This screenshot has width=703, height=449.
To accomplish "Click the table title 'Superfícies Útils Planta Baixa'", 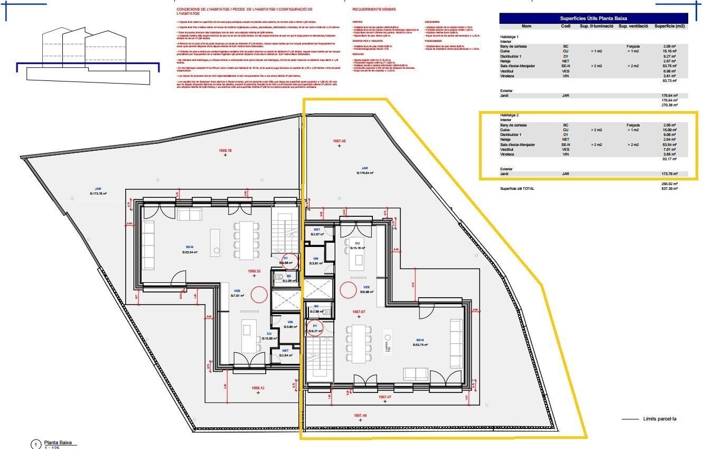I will (593, 18).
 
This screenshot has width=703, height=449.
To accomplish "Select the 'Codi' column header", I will (565, 26).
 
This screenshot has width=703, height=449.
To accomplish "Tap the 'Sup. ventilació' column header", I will (630, 26).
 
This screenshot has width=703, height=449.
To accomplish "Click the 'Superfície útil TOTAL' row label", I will (520, 189).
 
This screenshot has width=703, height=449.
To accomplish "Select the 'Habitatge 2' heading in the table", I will (510, 115).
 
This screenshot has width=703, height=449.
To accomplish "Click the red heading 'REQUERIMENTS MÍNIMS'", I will (374, 10).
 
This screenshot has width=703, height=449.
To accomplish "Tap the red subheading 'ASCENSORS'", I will (432, 22).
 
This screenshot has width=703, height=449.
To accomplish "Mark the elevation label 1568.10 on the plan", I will (226, 150).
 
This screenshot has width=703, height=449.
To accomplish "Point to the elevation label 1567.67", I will (359, 312).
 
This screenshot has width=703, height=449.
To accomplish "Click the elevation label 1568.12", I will (258, 388).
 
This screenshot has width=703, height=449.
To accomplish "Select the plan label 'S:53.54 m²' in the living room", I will (186, 253).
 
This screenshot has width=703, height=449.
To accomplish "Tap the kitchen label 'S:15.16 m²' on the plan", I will (358, 248).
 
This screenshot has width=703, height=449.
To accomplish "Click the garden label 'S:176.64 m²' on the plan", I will (365, 173).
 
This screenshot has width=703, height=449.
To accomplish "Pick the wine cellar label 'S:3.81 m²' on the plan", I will (315, 263).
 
